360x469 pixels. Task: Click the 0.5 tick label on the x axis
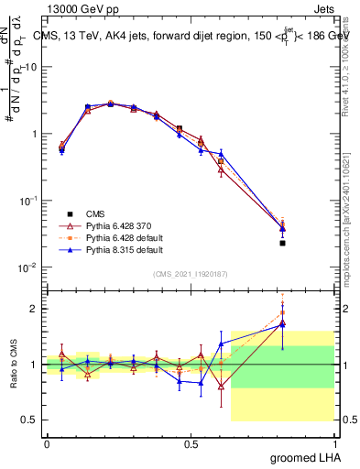point(190,443)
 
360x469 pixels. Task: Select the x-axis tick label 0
point(47,443)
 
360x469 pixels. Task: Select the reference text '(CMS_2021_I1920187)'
point(191,273)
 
